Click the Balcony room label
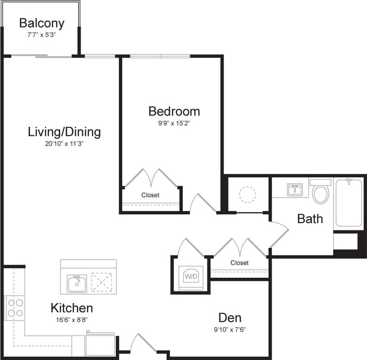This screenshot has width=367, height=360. [x=42, y=23]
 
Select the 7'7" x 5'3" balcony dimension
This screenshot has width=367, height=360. [x=42, y=34]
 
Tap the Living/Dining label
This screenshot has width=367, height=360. [x=64, y=132]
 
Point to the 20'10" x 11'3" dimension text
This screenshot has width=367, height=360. [x=64, y=143]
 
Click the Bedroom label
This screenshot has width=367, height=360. [x=174, y=111]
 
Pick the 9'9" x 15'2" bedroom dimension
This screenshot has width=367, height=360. [x=174, y=123]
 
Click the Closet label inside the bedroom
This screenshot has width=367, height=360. [x=150, y=195]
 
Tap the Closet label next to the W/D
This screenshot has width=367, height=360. [x=239, y=263]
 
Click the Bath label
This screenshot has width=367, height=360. [x=310, y=218]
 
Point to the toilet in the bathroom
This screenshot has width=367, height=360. [x=320, y=192]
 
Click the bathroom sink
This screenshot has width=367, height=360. [x=294, y=190]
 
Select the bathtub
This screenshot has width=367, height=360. [x=348, y=204]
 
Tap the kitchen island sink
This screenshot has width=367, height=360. [x=77, y=283]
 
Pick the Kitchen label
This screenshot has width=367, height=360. [x=71, y=308]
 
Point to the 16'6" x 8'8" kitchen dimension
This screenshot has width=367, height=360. [x=71, y=319]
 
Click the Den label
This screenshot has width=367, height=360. [x=230, y=318]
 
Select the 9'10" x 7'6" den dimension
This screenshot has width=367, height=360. [x=230, y=330]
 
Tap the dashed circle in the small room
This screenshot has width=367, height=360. [x=248, y=194]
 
